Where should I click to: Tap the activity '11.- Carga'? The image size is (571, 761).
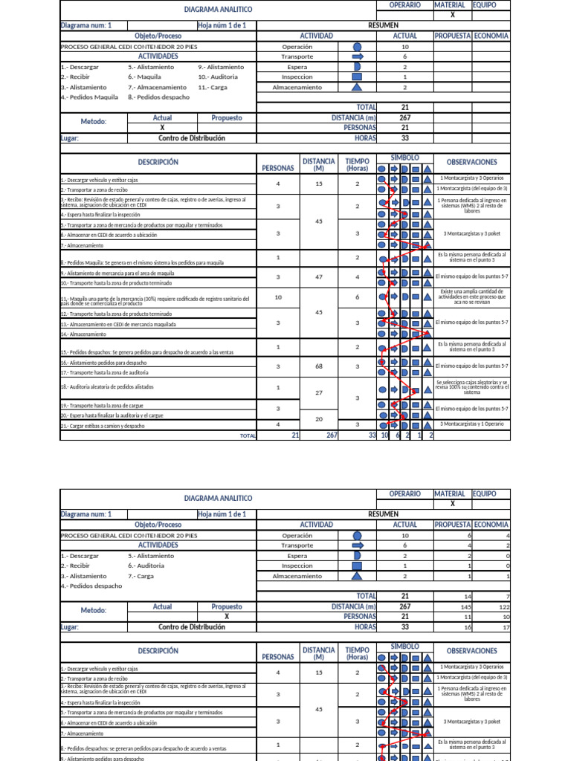pos(214,87)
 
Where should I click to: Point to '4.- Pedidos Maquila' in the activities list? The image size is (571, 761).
pos(89,97)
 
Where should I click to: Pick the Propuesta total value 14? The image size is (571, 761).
pos(467,596)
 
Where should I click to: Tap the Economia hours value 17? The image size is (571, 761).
pos(506,627)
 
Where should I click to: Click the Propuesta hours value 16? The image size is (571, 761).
pos(467,627)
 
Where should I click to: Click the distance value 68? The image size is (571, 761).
pos(319,366)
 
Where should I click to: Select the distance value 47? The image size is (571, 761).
pos(319,276)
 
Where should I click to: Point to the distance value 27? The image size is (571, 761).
pos(319,392)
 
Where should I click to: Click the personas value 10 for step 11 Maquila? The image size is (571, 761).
pos(278,297)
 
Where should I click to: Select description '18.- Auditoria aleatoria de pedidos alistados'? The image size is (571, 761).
pos(107,387)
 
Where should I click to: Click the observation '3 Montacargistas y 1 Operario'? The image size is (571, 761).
pos(473,424)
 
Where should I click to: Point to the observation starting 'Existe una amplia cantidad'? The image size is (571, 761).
pos(473,297)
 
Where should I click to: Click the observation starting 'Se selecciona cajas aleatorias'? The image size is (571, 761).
pos(473,387)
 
